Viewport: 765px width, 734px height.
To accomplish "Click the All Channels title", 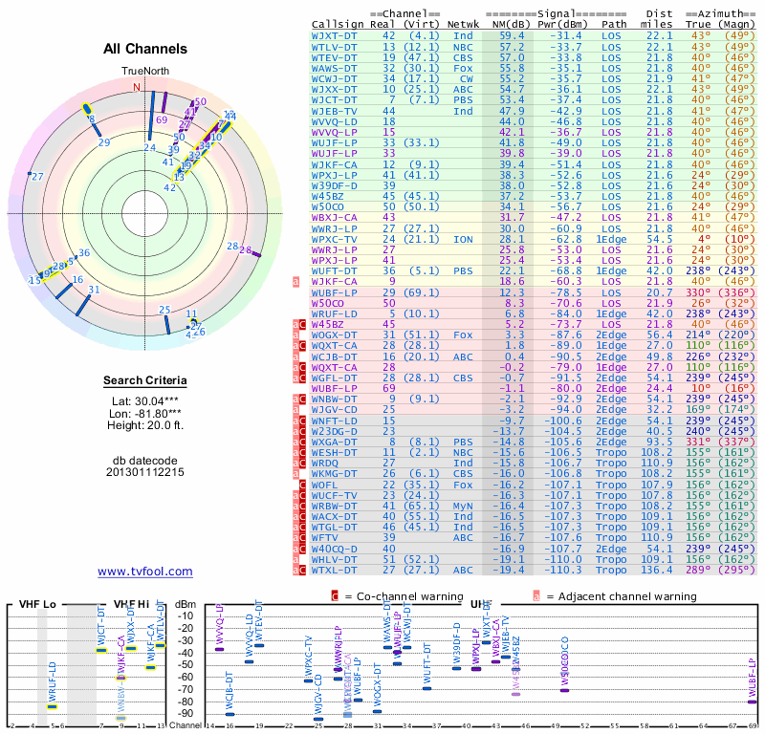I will [145, 49].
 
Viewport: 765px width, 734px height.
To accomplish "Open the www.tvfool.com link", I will [145, 572].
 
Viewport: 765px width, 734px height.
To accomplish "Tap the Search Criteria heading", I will [145, 381].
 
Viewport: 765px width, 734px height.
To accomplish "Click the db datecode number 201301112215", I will [145, 472].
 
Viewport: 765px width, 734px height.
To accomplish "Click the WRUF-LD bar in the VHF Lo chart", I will [52, 706].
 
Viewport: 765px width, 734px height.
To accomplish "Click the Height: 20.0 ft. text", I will [145, 426].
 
